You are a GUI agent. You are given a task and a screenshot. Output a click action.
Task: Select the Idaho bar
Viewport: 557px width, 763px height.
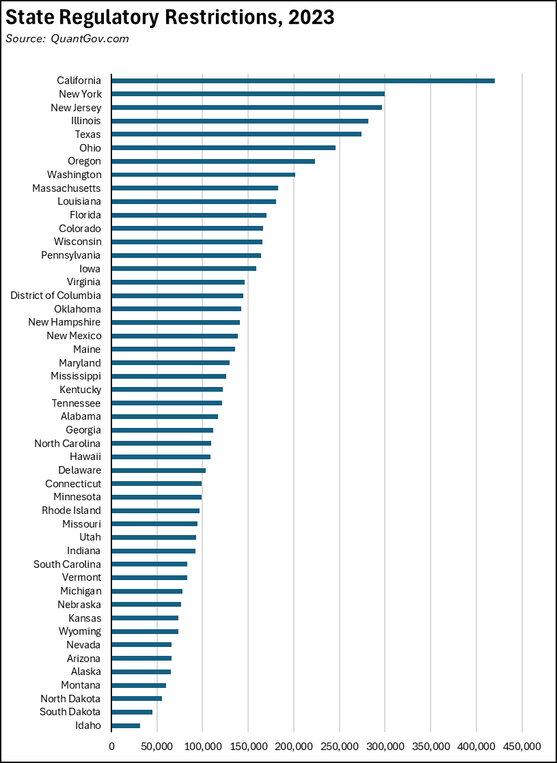pyautogui.click(x=126, y=725)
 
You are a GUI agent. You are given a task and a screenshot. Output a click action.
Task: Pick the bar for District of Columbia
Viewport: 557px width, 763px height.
pyautogui.click(x=177, y=296)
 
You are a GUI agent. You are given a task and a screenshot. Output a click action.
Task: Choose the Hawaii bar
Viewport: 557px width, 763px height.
pyautogui.click(x=161, y=457)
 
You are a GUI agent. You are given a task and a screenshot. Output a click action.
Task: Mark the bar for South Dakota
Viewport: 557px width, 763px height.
pyautogui.click(x=132, y=712)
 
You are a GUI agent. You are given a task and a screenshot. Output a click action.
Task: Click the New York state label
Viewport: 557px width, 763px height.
pyautogui.click(x=76, y=94)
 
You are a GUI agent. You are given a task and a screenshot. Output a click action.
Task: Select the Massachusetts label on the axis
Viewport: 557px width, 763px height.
pyautogui.click(x=66, y=188)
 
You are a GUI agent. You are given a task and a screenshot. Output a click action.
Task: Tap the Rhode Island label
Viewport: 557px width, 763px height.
pyautogui.click(x=71, y=510)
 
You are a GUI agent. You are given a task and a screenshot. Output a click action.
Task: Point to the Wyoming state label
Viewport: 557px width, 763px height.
pyautogui.click(x=79, y=631)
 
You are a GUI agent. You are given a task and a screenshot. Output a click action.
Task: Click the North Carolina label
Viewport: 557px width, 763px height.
pyautogui.click(x=67, y=444)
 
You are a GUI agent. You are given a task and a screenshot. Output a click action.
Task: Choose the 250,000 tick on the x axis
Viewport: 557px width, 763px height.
pyautogui.click(x=339, y=747)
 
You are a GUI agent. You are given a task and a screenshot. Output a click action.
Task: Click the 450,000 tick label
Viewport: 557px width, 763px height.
pyautogui.click(x=521, y=747)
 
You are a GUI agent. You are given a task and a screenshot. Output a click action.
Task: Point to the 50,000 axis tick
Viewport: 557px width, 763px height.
pyautogui.click(x=157, y=747)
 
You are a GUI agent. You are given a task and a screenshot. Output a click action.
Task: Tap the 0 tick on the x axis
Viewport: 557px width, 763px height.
pyautogui.click(x=111, y=747)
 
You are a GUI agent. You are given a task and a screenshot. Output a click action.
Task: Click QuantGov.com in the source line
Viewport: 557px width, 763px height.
pyautogui.click(x=90, y=38)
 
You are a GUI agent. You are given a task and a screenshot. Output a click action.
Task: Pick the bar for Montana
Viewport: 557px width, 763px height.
pyautogui.click(x=139, y=685)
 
